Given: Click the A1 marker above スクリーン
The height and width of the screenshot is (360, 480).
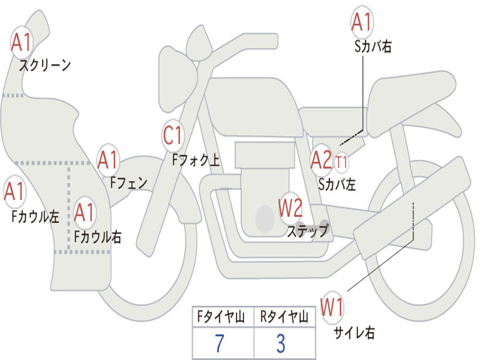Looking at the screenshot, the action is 22,43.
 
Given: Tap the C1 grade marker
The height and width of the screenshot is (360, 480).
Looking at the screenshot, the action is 173,135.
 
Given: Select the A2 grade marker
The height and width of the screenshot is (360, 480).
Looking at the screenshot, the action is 321,160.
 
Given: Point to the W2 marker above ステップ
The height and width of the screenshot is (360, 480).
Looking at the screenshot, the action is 290,208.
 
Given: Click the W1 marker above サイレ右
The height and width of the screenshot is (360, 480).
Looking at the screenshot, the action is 332,307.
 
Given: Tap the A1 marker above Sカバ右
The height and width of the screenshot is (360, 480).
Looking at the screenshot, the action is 362,22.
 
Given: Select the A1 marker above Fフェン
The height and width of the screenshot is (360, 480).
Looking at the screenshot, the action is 108,160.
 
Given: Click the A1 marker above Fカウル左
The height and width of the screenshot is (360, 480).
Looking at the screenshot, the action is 15,191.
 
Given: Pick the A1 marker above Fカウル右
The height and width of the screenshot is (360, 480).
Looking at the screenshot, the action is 84,212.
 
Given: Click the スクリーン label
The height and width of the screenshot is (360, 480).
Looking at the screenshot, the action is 45,65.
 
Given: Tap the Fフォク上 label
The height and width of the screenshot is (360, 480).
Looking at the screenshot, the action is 196,160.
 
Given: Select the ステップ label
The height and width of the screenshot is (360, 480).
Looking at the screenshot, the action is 308,231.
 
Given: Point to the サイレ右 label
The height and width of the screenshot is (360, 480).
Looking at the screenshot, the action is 354,332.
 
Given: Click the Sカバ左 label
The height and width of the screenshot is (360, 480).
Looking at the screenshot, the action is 337,184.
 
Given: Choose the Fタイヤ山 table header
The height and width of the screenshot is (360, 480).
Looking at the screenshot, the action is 221,316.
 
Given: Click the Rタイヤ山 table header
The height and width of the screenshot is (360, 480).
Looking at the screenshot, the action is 285,316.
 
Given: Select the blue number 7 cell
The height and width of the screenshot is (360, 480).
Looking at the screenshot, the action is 219,343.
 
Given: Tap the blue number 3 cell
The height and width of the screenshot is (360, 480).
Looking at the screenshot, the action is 281,343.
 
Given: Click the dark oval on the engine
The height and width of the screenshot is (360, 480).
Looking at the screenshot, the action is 265,218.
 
